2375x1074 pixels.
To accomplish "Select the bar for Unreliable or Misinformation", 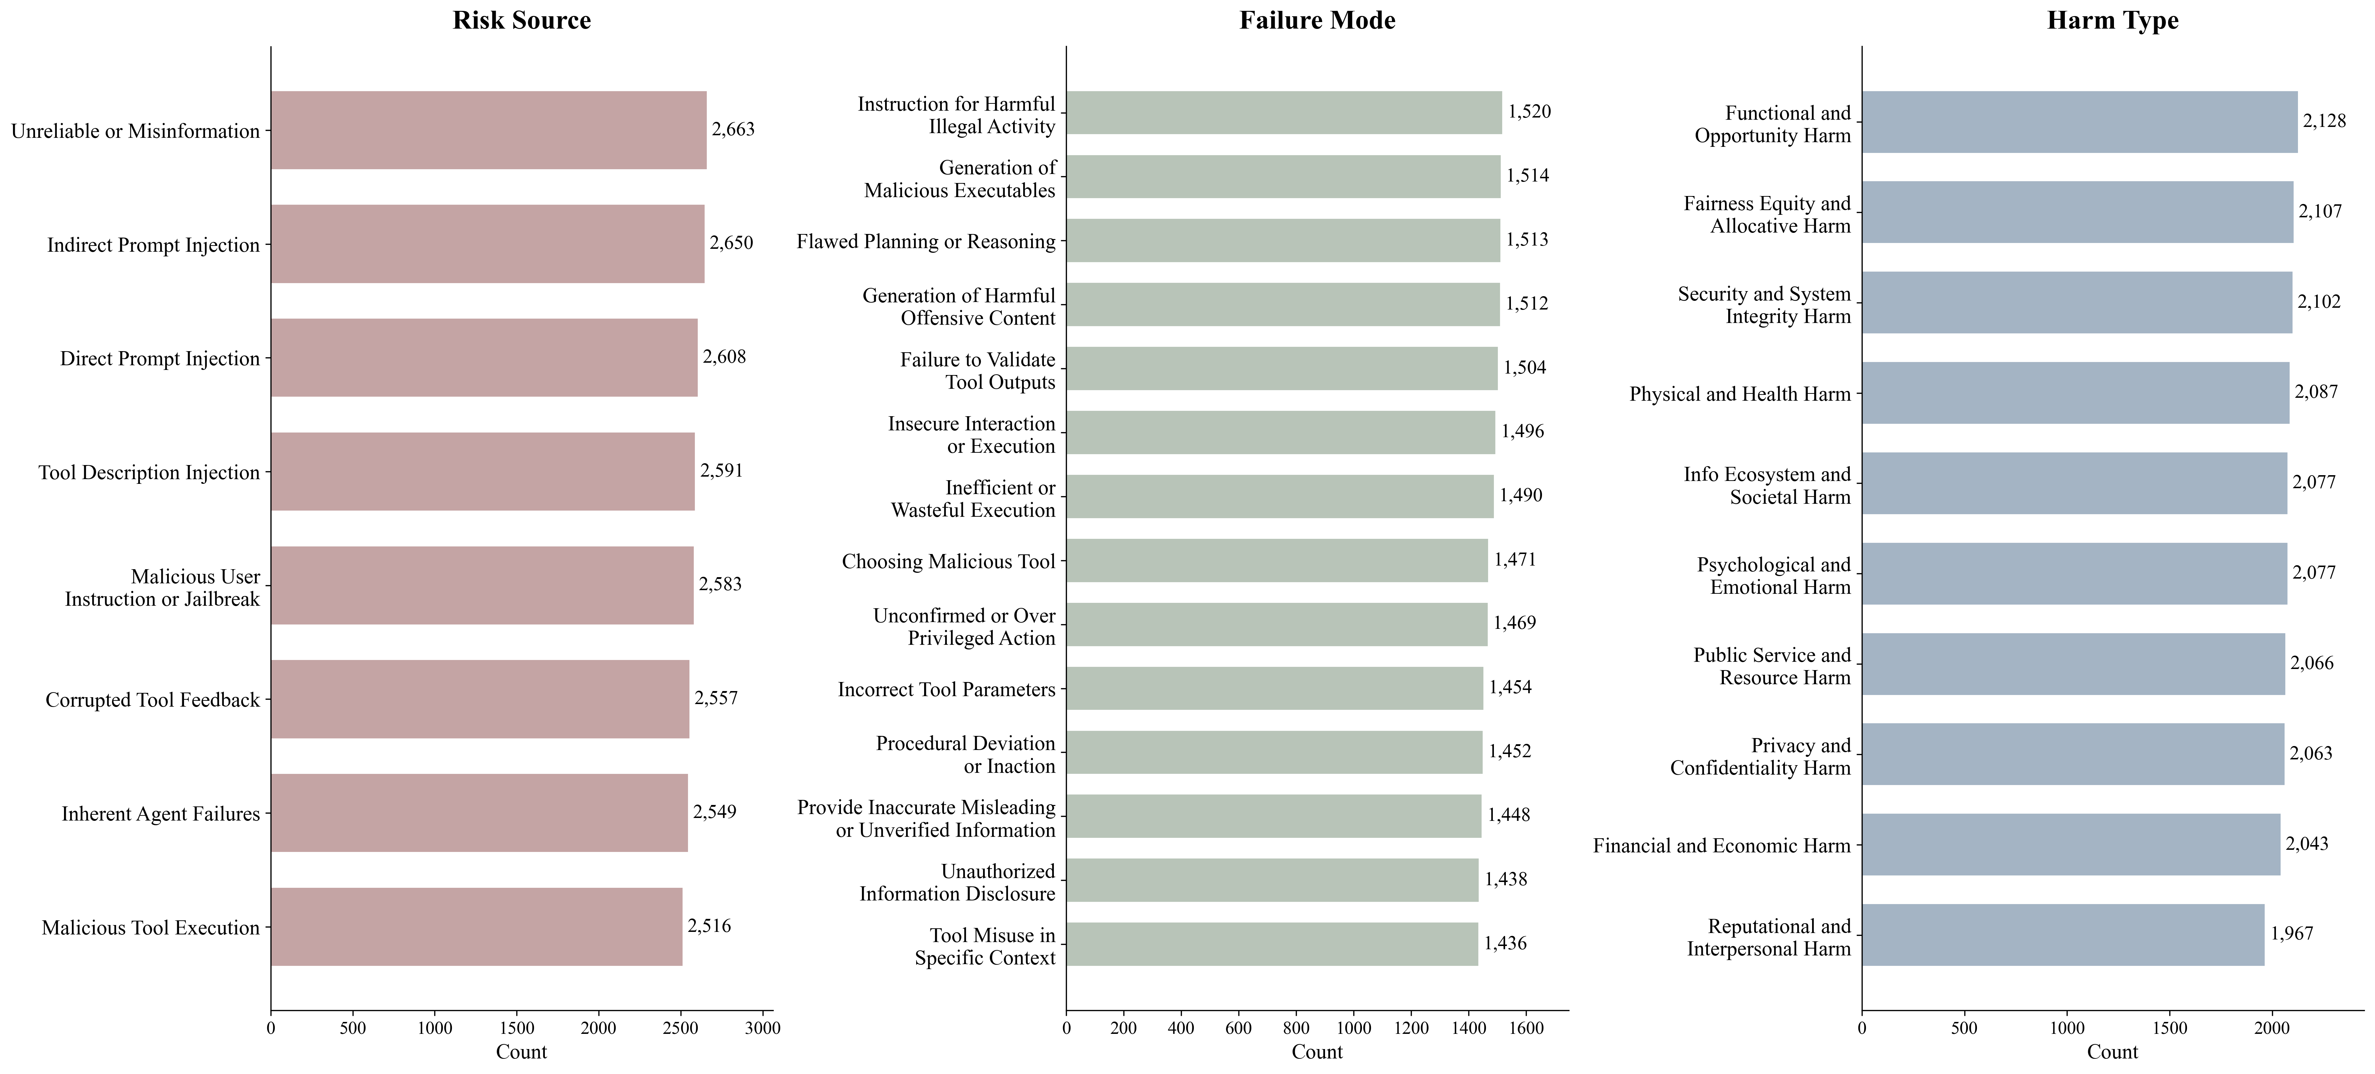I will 489,130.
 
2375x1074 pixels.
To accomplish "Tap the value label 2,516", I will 709,926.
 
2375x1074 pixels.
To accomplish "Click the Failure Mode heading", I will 1317,20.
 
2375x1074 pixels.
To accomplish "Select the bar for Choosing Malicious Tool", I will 1277,561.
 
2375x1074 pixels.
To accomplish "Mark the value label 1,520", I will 1530,111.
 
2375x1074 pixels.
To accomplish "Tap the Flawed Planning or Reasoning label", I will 926,242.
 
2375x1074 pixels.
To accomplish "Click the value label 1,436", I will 1505,943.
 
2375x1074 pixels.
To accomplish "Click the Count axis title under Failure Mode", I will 1317,1052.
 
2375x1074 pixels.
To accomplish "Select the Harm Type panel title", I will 2112,20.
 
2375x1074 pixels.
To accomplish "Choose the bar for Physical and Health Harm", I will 2075,393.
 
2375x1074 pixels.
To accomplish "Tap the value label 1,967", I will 2292,934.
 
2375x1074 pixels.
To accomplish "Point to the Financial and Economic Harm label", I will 1721,845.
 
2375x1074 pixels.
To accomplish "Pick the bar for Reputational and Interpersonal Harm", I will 2063,935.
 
